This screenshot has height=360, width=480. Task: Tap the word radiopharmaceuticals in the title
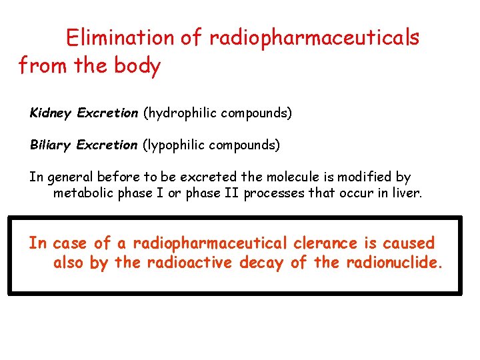click(314, 38)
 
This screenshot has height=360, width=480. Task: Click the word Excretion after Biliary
click(107, 145)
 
